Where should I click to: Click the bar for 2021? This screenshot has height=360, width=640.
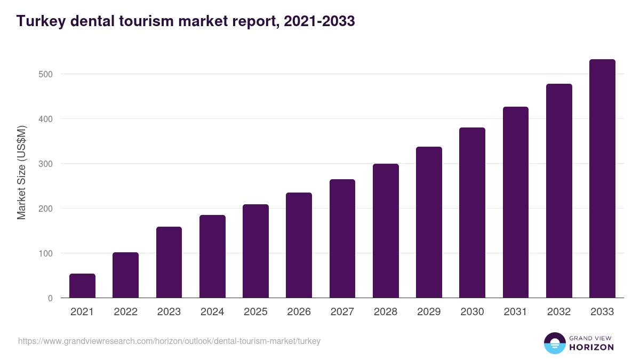click(x=82, y=286)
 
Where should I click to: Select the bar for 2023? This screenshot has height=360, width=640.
click(x=169, y=262)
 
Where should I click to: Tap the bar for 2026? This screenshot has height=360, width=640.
click(x=299, y=245)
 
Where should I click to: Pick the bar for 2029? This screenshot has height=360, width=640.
click(x=429, y=222)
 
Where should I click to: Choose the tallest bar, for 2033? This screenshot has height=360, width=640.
click(x=602, y=179)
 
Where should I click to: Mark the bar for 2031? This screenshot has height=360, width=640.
click(x=515, y=202)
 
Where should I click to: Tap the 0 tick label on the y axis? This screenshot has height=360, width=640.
click(x=50, y=298)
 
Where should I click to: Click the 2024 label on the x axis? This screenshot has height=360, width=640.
click(x=212, y=312)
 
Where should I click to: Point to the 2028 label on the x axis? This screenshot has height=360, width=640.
click(x=386, y=312)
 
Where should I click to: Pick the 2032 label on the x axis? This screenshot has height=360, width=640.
click(x=559, y=312)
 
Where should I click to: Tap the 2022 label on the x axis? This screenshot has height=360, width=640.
click(x=125, y=312)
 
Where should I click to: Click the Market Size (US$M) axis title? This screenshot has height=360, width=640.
click(x=21, y=172)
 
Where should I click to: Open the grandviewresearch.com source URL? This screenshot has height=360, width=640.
click(x=169, y=341)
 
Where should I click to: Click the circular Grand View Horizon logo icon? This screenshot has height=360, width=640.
click(x=554, y=343)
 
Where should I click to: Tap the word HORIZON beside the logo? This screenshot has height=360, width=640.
click(x=591, y=347)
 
